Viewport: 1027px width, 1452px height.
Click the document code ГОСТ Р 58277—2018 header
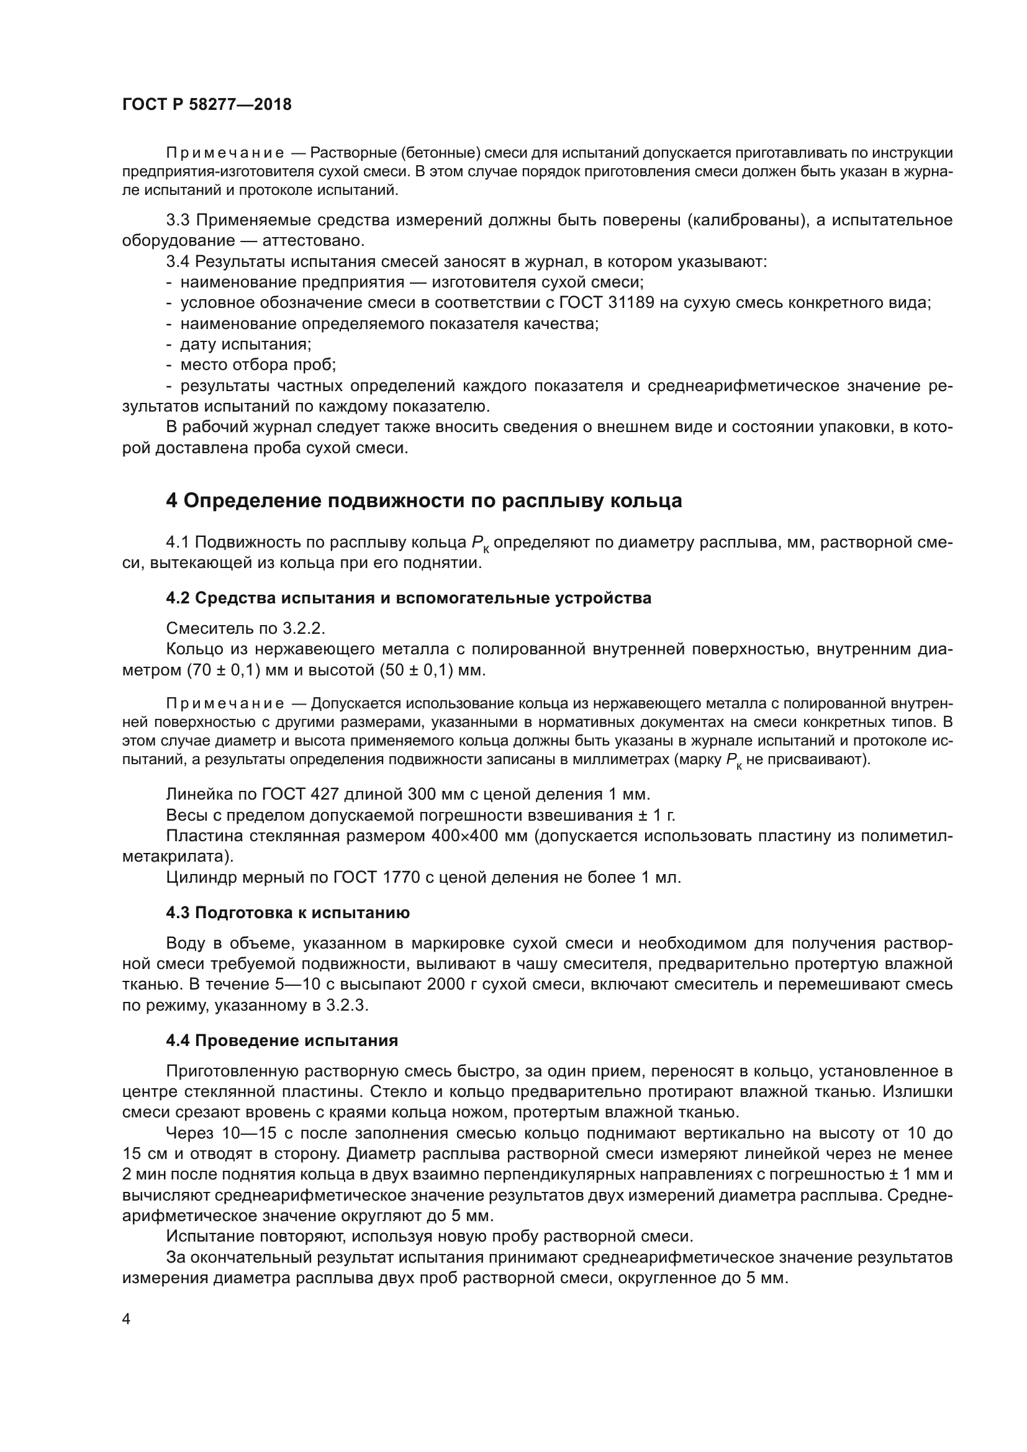point(207,105)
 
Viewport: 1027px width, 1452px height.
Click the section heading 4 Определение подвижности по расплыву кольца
point(423,501)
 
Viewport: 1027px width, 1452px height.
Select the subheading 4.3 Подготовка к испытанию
point(287,913)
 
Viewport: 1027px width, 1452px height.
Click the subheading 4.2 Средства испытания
point(409,598)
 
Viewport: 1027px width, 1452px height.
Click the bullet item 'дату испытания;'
point(245,345)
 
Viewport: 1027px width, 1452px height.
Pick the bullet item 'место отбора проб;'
point(258,366)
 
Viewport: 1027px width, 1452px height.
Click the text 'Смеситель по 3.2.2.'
point(245,628)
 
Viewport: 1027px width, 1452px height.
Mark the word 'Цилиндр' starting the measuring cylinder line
point(196,877)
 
